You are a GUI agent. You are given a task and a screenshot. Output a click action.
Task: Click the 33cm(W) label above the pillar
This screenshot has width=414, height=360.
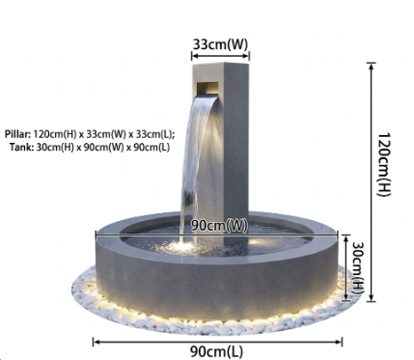tap(220, 44)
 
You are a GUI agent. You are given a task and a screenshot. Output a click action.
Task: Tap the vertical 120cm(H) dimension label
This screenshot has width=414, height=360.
tap(383, 164)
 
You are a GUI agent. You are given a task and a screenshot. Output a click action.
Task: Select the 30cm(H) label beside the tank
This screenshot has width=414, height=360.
tap(356, 267)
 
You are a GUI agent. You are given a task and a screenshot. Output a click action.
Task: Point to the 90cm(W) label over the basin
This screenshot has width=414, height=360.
tap(220, 225)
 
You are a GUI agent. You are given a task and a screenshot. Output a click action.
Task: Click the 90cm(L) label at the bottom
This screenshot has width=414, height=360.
tap(216, 351)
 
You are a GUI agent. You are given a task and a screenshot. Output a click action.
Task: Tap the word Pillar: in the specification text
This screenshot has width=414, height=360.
tap(17, 134)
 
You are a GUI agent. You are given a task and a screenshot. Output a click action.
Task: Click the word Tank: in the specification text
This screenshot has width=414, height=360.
tap(21, 148)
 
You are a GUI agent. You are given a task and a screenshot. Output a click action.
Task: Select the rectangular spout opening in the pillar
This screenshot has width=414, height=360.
tap(207, 87)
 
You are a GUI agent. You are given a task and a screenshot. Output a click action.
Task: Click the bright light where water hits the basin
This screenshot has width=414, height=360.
tap(180, 247)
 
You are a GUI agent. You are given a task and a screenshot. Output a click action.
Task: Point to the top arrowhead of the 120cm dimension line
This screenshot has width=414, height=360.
tap(372, 66)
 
